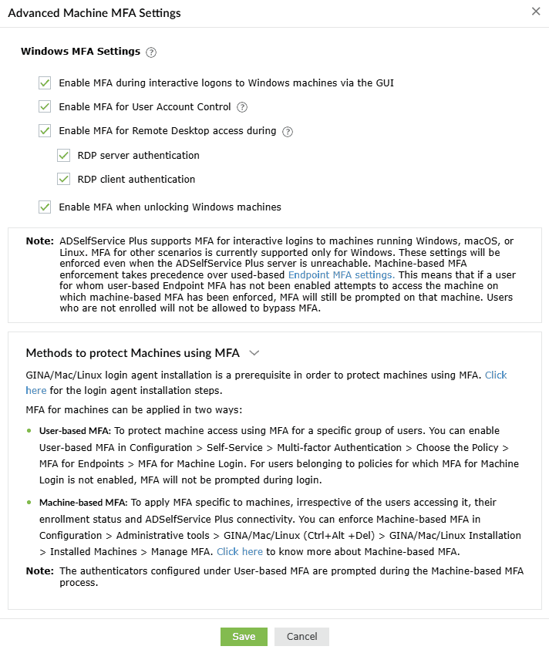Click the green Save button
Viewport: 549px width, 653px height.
[244, 636]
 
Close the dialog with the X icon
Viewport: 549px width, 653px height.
[536, 12]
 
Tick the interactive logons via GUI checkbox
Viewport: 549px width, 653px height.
[45, 82]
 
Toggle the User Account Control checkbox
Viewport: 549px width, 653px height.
[45, 106]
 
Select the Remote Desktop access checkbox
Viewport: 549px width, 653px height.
[45, 130]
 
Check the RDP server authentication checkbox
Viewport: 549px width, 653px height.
[64, 155]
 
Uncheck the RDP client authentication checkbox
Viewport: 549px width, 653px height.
[64, 179]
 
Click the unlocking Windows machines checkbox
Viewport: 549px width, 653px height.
[45, 207]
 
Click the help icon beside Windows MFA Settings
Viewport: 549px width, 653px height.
[151, 52]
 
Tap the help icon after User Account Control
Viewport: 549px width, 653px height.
[242, 107]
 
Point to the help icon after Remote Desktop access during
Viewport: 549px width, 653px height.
[288, 131]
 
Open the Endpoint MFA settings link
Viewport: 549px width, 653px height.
[342, 274]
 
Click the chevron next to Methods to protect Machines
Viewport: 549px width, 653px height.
[254, 353]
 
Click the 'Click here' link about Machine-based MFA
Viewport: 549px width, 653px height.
[240, 551]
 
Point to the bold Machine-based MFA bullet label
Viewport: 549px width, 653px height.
[83, 502]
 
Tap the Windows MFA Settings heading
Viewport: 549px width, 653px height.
[80, 52]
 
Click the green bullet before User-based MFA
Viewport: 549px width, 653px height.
[29, 430]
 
